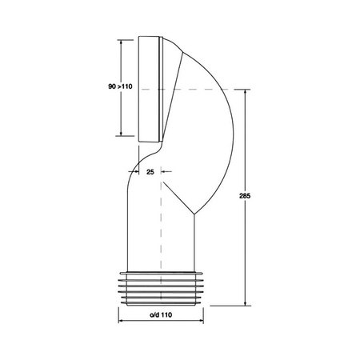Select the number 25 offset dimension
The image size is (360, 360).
pyautogui.click(x=150, y=170)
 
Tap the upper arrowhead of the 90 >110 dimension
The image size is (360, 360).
pyautogui.click(x=121, y=41)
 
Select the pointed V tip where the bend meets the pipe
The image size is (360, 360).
pyautogui.click(x=192, y=211)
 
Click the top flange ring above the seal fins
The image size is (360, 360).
pyautogui.click(x=161, y=269)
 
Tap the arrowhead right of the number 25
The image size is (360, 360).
pyautogui.click(x=165, y=170)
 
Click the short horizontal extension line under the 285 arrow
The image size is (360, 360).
pyautogui.click(x=236, y=305)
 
